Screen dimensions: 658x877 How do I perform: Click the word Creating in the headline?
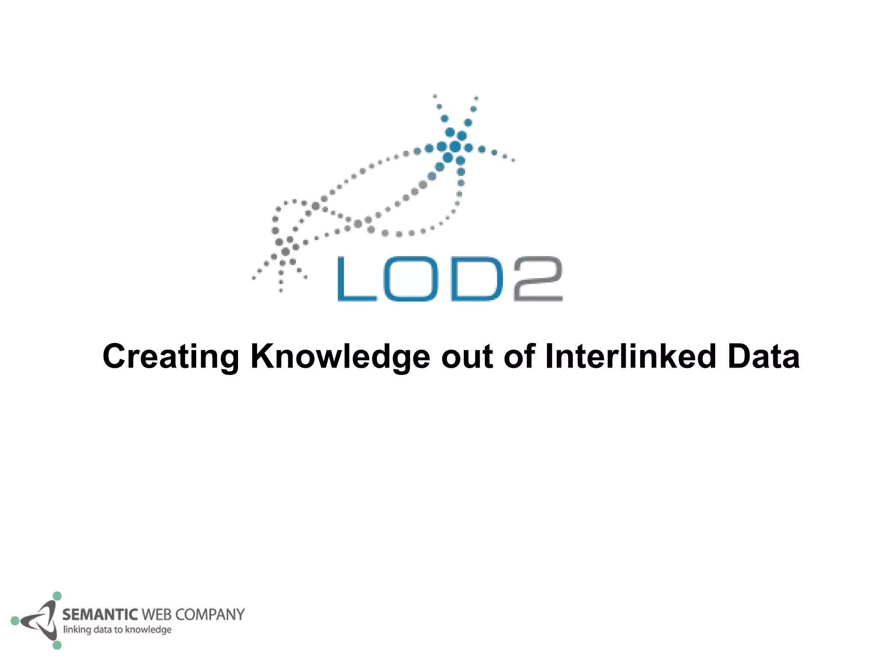[x=170, y=356]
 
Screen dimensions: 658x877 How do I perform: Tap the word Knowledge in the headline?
[x=340, y=356]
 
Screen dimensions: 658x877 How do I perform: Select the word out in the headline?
[x=467, y=356]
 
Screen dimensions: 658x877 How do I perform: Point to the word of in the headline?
[x=519, y=356]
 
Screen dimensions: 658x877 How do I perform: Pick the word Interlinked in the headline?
[x=630, y=356]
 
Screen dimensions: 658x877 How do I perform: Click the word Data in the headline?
[x=763, y=356]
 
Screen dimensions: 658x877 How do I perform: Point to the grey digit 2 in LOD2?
[x=537, y=278]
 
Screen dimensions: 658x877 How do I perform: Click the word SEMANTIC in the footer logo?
[x=100, y=615]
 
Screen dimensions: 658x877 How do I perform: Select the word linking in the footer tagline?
[x=77, y=630]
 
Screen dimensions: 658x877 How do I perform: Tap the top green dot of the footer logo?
[x=57, y=596]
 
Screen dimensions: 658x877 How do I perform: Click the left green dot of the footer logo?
[x=15, y=620]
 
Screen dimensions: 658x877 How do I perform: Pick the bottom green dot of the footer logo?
[x=57, y=645]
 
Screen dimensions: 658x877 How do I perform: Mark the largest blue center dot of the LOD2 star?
[x=455, y=147]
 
